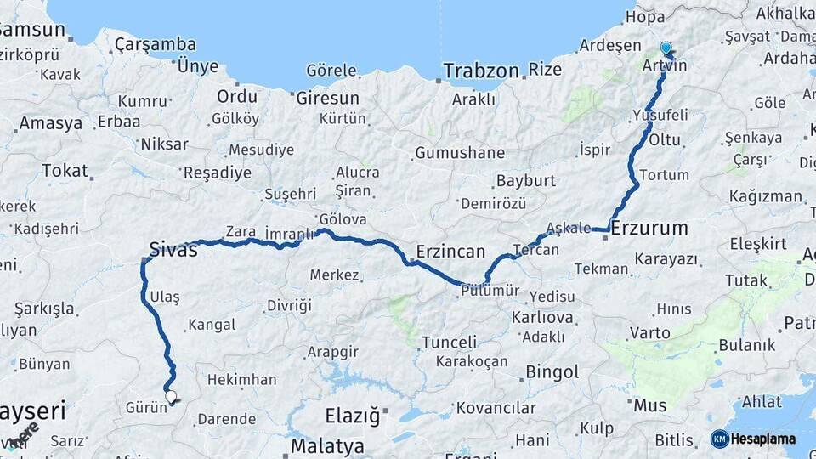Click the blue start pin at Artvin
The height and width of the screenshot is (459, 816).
pos(666,49)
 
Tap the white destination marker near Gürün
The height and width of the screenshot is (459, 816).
pos(171,396)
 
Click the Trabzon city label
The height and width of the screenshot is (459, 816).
pos(479,70)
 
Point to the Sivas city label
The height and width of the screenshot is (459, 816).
pos(173,250)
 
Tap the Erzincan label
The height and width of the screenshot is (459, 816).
pos(450,252)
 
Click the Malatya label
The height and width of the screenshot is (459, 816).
pos(327,446)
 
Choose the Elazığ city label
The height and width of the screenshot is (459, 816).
pos(352,416)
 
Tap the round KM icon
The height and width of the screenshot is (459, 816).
pos(719,439)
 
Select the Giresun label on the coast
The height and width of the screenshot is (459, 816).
pos(324,98)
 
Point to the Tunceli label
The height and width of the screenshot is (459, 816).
pos(450,343)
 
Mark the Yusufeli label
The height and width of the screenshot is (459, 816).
pos(660,114)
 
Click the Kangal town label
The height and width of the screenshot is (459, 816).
pos(211,325)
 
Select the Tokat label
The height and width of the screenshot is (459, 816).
pos(65,171)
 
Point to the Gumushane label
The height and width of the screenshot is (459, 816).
pos(460,154)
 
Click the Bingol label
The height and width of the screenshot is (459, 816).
pos(552,371)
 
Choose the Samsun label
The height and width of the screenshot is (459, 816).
pos(32,29)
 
